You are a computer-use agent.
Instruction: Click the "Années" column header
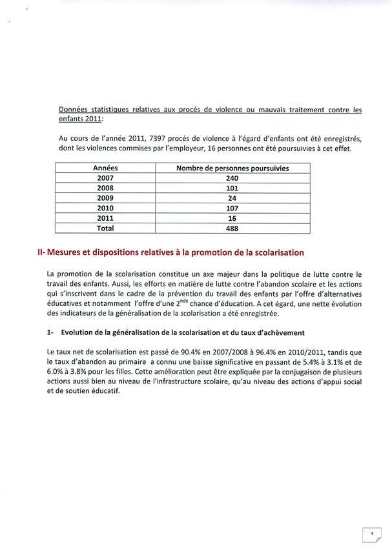point(105,168)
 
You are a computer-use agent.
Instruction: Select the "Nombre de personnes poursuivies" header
point(232,168)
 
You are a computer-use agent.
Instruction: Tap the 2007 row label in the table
point(105,177)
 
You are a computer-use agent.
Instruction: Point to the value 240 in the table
point(232,177)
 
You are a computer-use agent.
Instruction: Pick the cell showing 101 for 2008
point(232,188)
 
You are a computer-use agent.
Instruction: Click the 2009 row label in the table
point(105,198)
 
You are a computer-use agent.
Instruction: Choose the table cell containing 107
point(232,208)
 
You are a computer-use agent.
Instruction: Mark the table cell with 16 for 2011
point(232,218)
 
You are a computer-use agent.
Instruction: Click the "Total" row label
point(105,228)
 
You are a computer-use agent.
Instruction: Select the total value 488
point(232,228)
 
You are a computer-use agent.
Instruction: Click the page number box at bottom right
point(371,534)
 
